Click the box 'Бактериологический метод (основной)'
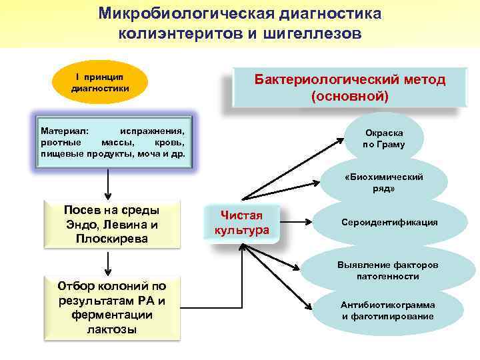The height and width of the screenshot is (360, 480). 349,88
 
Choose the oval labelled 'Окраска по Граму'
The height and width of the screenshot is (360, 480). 383,139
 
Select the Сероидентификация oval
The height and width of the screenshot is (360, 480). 389,222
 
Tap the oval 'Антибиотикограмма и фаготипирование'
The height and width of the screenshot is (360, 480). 387,310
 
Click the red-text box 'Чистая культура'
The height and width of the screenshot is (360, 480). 241,223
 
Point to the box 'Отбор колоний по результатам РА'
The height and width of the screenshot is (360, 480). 111,307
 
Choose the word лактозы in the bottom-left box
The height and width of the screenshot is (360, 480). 111,329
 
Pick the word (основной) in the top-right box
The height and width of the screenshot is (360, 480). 349,96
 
